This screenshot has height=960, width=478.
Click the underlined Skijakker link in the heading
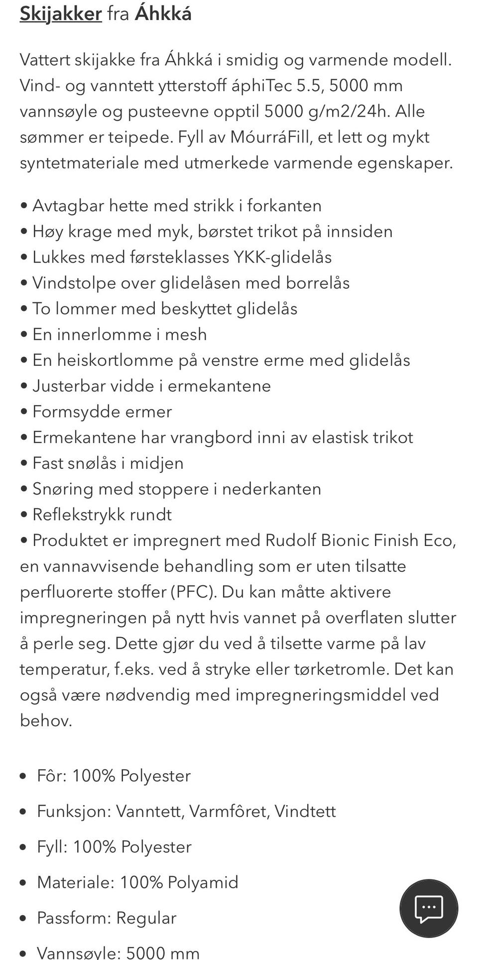click(61, 13)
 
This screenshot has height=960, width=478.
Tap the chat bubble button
click(429, 908)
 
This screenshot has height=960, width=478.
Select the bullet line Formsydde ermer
click(102, 411)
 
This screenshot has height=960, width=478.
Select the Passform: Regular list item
click(107, 918)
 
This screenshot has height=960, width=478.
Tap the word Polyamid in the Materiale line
click(203, 882)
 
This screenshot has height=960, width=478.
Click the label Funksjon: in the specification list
click(74, 811)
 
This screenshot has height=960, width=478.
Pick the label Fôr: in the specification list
click(52, 776)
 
